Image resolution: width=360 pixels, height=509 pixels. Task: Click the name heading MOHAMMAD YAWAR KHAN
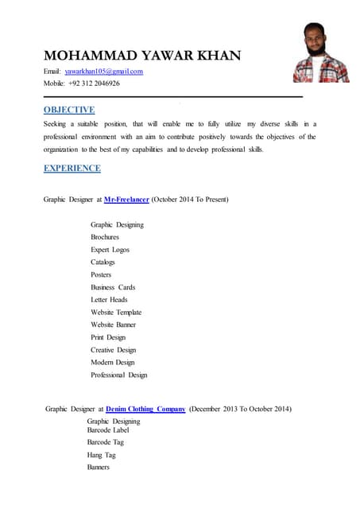pos(141,56)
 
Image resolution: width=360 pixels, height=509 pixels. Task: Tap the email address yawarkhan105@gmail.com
pos(103,72)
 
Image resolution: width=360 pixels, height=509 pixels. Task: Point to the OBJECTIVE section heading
pos(69,111)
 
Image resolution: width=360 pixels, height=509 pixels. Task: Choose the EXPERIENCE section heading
pos(72,168)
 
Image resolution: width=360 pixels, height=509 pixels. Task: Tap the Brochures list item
pos(105,237)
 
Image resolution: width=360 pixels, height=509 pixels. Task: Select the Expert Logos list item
pos(110,250)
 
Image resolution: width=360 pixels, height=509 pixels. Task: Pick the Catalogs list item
pos(103,262)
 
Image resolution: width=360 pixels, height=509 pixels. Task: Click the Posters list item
pos(101,274)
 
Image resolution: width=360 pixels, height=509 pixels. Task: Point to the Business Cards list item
pos(113,287)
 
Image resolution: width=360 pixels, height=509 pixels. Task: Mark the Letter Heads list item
pos(109,300)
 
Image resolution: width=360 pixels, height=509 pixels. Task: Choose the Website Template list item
pos(116,312)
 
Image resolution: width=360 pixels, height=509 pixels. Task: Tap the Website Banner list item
pos(113,324)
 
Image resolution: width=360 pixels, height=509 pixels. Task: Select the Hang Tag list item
pos(101,455)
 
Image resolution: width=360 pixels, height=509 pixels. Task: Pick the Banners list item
pos(99,467)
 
